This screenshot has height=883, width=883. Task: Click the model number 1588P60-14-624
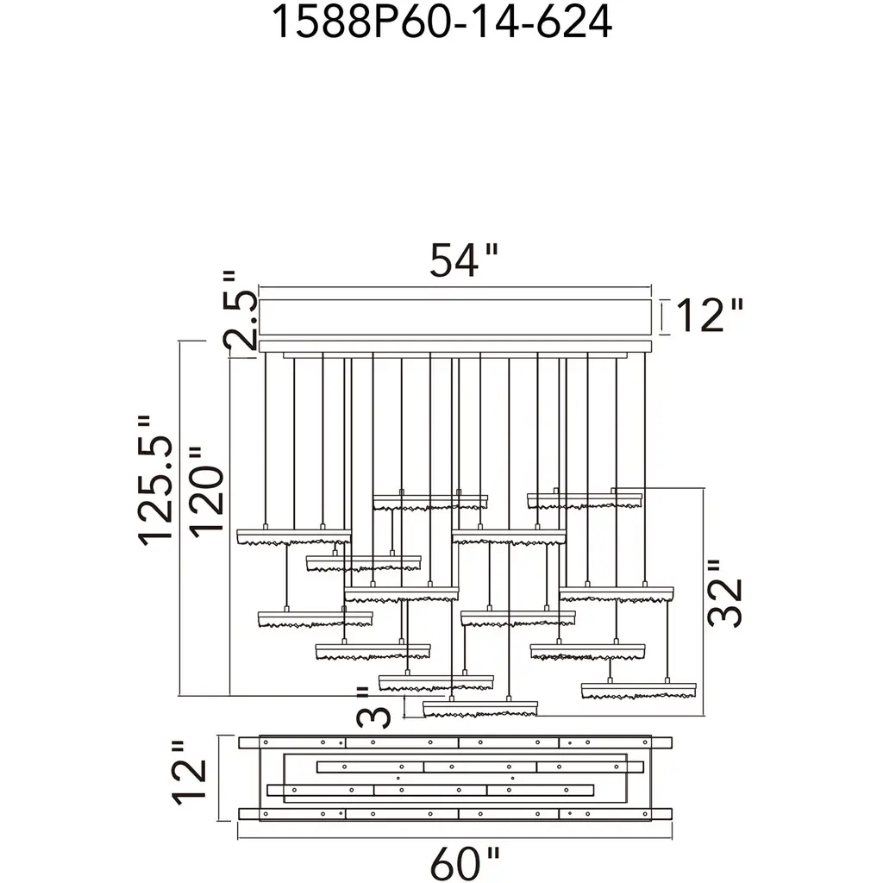point(441,22)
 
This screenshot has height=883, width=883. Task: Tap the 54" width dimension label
point(465,260)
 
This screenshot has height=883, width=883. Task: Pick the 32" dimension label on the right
point(724,595)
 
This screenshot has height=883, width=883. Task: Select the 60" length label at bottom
point(465,862)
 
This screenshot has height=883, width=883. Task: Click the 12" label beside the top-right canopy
point(709,316)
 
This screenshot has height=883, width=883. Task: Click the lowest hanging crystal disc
point(480,709)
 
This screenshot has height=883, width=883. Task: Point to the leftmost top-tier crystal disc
point(293,536)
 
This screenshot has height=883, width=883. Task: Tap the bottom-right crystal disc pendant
point(638,690)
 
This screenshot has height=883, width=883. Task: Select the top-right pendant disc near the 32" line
point(585,500)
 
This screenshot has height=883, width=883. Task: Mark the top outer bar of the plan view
point(454,742)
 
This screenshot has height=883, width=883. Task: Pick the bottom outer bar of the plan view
point(454,813)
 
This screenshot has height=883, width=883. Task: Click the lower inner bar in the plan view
point(431,790)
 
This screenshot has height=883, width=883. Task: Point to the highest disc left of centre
point(430,501)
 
